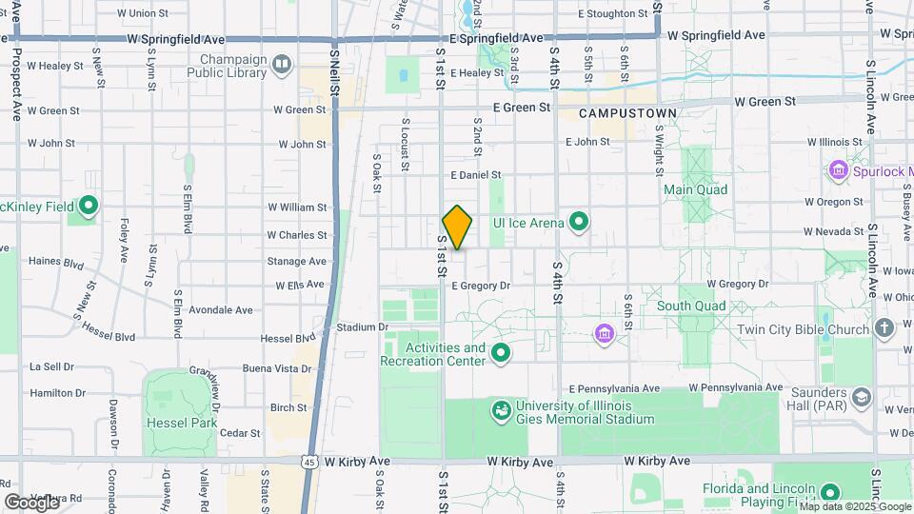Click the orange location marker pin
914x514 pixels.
(x=457, y=227)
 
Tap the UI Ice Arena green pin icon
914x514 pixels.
(x=578, y=223)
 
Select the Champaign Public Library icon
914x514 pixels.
(x=282, y=64)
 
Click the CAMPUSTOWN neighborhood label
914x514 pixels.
(x=628, y=113)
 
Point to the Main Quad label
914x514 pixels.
(x=696, y=189)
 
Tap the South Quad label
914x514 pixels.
(x=690, y=306)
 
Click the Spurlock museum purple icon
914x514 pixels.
(x=839, y=170)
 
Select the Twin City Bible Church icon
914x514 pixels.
(x=884, y=329)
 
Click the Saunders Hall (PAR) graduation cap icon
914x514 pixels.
(x=862, y=396)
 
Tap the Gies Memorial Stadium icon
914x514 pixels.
(x=500, y=410)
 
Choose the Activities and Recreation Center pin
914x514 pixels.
(x=501, y=355)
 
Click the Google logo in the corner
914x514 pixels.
(x=30, y=502)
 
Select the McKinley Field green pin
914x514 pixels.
(x=88, y=206)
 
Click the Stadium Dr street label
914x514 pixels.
(x=363, y=327)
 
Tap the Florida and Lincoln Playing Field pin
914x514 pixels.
(x=830, y=493)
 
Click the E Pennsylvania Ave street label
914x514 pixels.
(x=614, y=388)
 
